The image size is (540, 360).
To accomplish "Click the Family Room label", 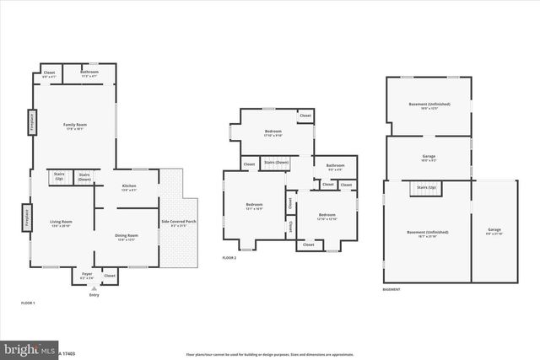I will coord(73,126).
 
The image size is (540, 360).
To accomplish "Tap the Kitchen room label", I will coord(129,187).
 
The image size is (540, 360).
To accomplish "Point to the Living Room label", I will coord(61,223).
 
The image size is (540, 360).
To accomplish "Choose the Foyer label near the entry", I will coord(87,276).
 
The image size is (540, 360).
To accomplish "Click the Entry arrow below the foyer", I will coord(94,288).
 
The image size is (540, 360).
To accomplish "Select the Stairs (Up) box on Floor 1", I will coord(59,178).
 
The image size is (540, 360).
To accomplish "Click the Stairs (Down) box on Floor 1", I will coord(84,178).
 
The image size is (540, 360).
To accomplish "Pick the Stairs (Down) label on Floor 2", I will coord(276,162).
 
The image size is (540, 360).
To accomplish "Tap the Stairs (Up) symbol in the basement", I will coord(426,188).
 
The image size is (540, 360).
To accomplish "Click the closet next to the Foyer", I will coord(110,276).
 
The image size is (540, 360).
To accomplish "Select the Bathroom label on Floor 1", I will coord(89,74).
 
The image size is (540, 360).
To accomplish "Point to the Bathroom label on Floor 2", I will coord(335,167).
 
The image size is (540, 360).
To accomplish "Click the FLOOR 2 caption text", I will coord(229,257).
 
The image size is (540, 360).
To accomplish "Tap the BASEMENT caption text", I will coord(391,289).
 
